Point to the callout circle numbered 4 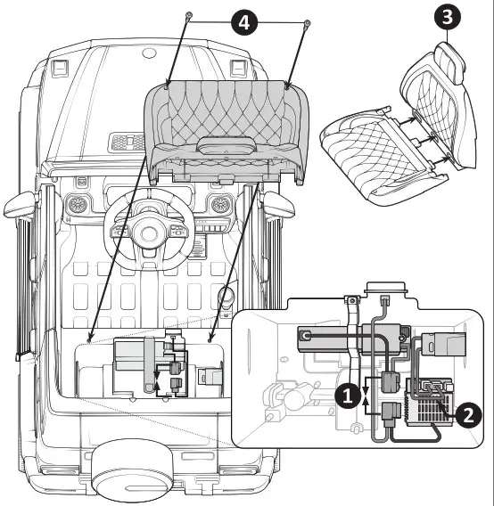point(245,21)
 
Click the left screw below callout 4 point(188,17)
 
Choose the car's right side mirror point(283,204)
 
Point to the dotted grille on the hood point(124,141)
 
